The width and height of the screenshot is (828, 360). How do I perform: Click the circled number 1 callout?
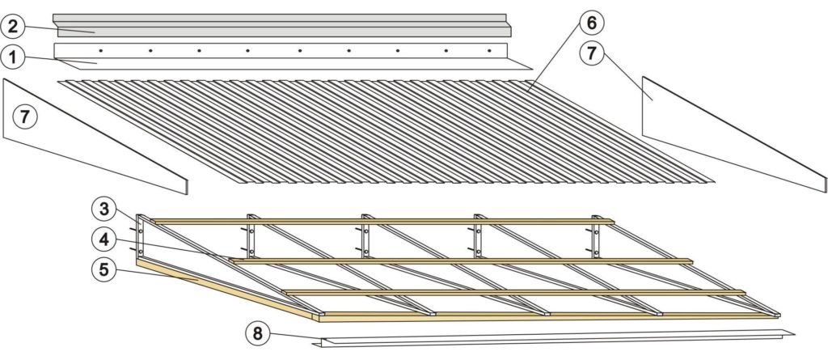tap(12, 57)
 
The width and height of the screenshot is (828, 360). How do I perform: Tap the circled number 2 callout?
tap(12, 27)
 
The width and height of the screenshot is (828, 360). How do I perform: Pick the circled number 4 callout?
tap(104, 239)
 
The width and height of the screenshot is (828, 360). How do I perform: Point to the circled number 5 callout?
tap(104, 269)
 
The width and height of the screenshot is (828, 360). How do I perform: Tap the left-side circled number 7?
tap(25, 116)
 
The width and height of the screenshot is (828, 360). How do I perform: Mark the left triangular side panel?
tap(97, 138)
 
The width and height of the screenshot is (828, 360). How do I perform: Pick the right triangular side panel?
tap(728, 133)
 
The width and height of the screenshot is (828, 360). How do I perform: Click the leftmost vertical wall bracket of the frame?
tap(140, 235)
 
